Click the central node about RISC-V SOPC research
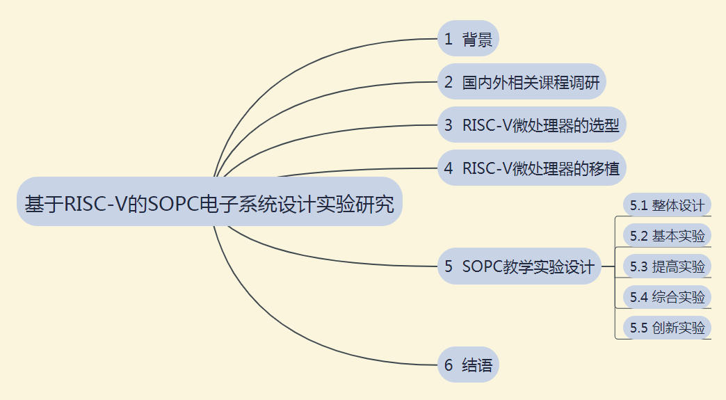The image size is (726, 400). [209, 204]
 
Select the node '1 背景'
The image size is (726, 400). [468, 40]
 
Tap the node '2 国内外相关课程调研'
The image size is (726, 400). [522, 82]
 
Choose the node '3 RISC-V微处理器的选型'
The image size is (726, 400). [532, 125]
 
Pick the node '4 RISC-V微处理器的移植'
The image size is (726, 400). [532, 168]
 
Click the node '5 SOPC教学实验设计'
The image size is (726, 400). [519, 266]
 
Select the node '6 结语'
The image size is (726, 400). [468, 365]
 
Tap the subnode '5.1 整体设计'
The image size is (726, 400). [667, 205]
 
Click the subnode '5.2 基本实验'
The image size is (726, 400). [667, 236]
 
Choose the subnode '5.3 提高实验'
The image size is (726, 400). [667, 266]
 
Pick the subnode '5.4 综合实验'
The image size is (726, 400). [667, 297]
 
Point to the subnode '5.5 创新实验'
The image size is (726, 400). [667, 328]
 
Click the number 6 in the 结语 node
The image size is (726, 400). [449, 365]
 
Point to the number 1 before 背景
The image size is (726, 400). [449, 40]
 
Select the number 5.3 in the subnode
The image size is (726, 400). [638, 266]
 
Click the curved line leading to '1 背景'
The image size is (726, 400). [292, 70]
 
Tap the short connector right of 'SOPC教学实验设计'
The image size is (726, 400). [608, 266]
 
